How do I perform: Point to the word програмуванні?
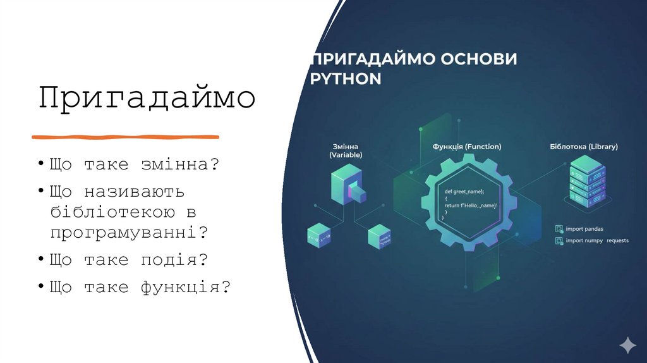[129, 232]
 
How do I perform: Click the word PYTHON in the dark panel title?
[347, 79]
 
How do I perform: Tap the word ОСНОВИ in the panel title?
[479, 59]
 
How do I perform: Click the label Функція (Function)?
[467, 147]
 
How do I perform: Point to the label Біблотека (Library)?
[584, 147]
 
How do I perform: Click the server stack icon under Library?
[587, 182]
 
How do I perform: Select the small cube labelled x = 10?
[319, 236]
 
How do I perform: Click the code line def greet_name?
[464, 191]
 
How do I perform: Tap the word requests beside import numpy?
[617, 241]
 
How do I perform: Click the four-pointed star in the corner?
[627, 345]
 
